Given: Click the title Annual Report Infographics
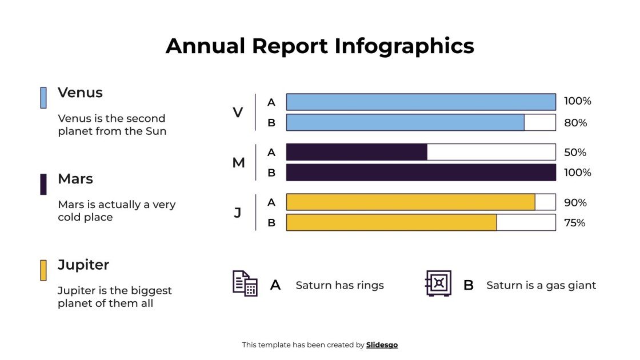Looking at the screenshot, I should [x=319, y=46].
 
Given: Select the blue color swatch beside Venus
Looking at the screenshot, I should [x=43, y=98].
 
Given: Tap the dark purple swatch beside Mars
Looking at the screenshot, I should [x=43, y=184].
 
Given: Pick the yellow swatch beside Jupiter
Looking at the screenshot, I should [x=43, y=270].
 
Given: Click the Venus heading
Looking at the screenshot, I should [x=80, y=93].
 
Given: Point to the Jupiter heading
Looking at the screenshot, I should [x=83, y=265].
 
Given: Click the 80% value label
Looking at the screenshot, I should [x=575, y=122].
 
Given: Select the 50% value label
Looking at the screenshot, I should [x=575, y=153].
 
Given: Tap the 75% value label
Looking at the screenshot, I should [x=575, y=223].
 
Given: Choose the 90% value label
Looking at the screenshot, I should [x=575, y=203].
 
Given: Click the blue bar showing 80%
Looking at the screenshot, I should [x=405, y=122].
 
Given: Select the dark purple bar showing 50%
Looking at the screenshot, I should [x=357, y=152].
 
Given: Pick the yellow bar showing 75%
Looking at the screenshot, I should [x=391, y=222].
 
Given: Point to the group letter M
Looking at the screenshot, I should [x=238, y=163].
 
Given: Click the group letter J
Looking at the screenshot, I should [x=238, y=213].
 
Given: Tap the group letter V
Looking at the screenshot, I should [x=238, y=113].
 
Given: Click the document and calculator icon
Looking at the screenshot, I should [x=245, y=283].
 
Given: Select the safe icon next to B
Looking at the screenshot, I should [x=438, y=283].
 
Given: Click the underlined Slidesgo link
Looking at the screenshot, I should [x=382, y=345].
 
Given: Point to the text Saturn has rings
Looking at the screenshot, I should [x=339, y=285].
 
